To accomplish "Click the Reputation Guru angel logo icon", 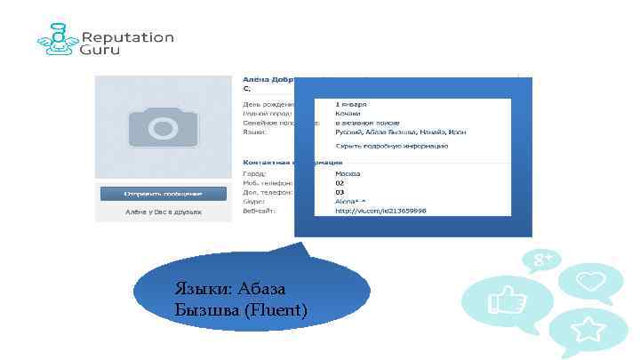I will pyautogui.click(x=56, y=44).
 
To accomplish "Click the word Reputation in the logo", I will pyautogui.click(x=128, y=37).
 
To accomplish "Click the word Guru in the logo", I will pyautogui.click(x=100, y=52).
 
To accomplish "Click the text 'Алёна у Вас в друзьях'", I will pyautogui.click(x=163, y=213).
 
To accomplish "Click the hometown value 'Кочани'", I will pyautogui.click(x=348, y=112).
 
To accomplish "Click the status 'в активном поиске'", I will pyautogui.click(x=367, y=123).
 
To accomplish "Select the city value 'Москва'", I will pyautogui.click(x=348, y=173).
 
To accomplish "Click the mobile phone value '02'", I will pyautogui.click(x=339, y=183).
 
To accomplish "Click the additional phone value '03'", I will pyautogui.click(x=339, y=192).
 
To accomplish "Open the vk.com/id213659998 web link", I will pyautogui.click(x=380, y=212).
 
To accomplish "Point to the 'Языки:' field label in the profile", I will pyautogui.click(x=254, y=132).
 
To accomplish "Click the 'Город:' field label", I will pyautogui.click(x=253, y=174).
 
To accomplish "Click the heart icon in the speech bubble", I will pyautogui.click(x=590, y=282).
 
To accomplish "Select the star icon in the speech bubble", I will pyautogui.click(x=588, y=331).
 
